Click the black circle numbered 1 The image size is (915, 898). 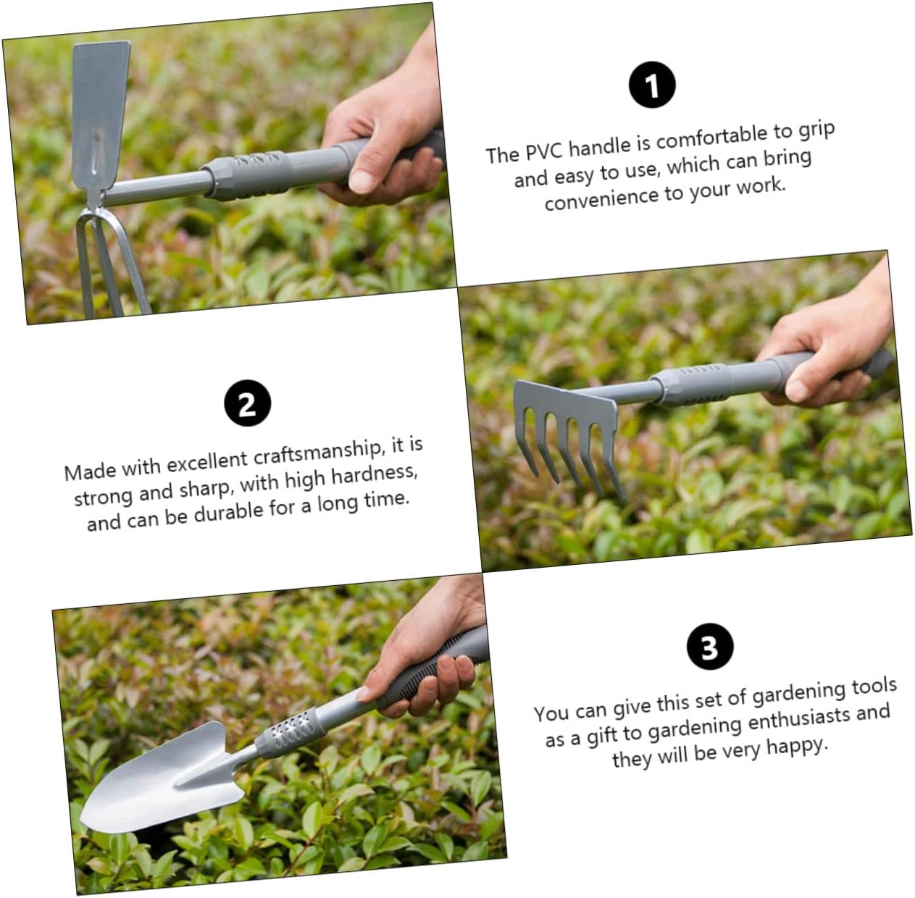(653, 85)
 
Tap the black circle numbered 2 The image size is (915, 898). (247, 403)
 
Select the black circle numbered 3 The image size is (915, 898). (710, 646)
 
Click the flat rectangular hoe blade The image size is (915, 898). (101, 114)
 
